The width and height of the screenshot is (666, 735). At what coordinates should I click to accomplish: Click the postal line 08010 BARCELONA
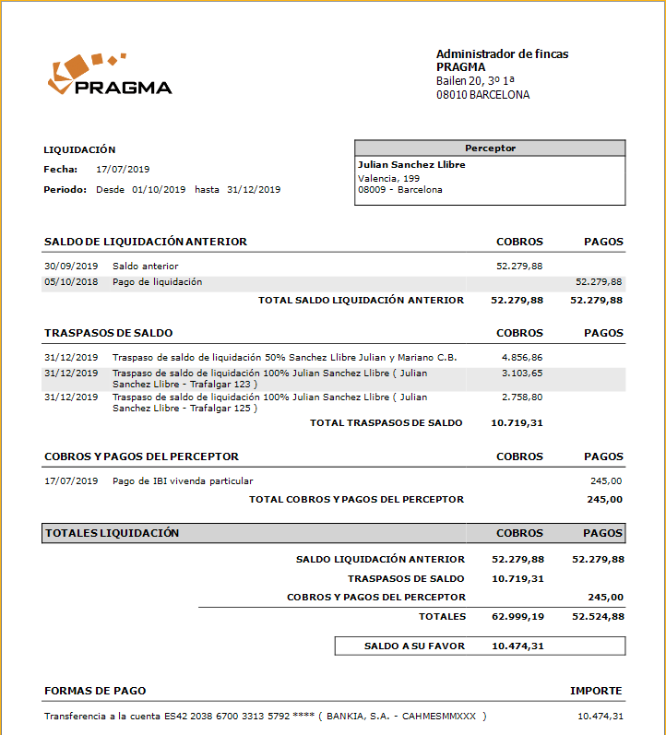click(x=482, y=95)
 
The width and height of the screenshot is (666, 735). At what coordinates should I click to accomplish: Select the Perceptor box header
click(x=490, y=148)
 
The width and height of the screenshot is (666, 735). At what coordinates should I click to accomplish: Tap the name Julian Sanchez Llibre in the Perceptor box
click(x=411, y=165)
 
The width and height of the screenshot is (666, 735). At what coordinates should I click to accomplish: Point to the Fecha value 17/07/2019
click(x=123, y=170)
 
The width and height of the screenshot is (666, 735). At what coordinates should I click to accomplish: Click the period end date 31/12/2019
click(x=254, y=190)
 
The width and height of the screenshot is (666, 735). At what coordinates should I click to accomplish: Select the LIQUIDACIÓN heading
click(x=80, y=149)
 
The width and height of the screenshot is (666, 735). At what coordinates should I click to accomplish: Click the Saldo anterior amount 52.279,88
click(x=520, y=267)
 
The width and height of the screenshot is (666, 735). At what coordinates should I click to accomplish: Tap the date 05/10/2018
click(x=71, y=282)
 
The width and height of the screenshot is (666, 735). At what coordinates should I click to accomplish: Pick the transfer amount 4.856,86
click(x=522, y=357)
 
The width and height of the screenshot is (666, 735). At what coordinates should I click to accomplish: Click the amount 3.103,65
click(x=522, y=373)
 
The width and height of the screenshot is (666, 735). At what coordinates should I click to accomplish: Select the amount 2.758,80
click(x=522, y=397)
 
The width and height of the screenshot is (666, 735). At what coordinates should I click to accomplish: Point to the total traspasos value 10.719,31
click(x=517, y=423)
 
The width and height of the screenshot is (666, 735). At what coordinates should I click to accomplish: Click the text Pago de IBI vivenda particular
click(x=183, y=481)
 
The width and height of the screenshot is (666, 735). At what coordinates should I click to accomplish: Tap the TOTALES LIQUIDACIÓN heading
click(x=113, y=533)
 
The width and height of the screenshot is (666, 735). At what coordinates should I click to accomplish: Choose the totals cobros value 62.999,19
click(x=517, y=617)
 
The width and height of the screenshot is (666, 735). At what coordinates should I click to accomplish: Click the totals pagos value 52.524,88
click(x=598, y=617)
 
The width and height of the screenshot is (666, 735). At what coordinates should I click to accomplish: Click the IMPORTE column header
click(x=596, y=691)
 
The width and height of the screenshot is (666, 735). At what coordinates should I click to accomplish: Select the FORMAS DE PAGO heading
click(x=95, y=691)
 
